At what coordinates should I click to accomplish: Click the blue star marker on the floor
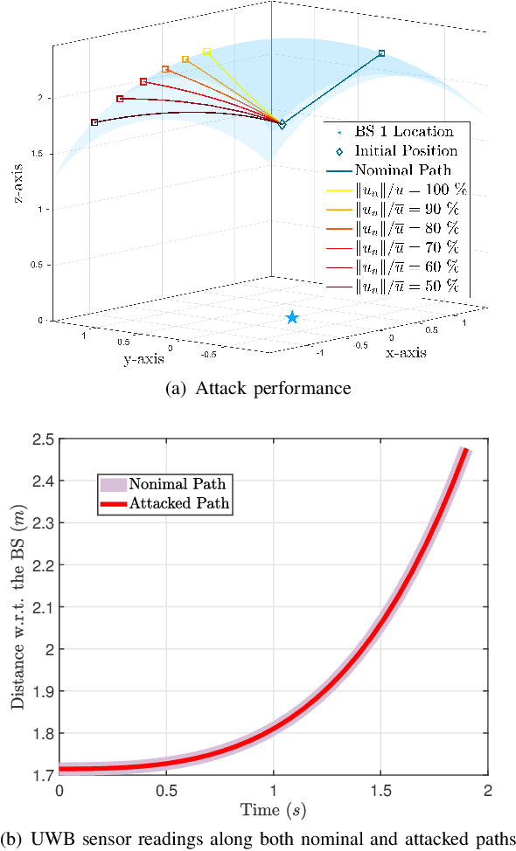point(292,318)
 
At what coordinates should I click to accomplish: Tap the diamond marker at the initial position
point(282,125)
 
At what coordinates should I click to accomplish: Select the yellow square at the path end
point(207,52)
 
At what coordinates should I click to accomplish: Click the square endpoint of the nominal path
point(382,54)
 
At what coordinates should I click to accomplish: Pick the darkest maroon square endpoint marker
point(94,122)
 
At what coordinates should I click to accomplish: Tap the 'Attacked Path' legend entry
point(178,503)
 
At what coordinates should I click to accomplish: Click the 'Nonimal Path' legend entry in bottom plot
point(178,484)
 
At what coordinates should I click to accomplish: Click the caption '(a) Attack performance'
point(258,389)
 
